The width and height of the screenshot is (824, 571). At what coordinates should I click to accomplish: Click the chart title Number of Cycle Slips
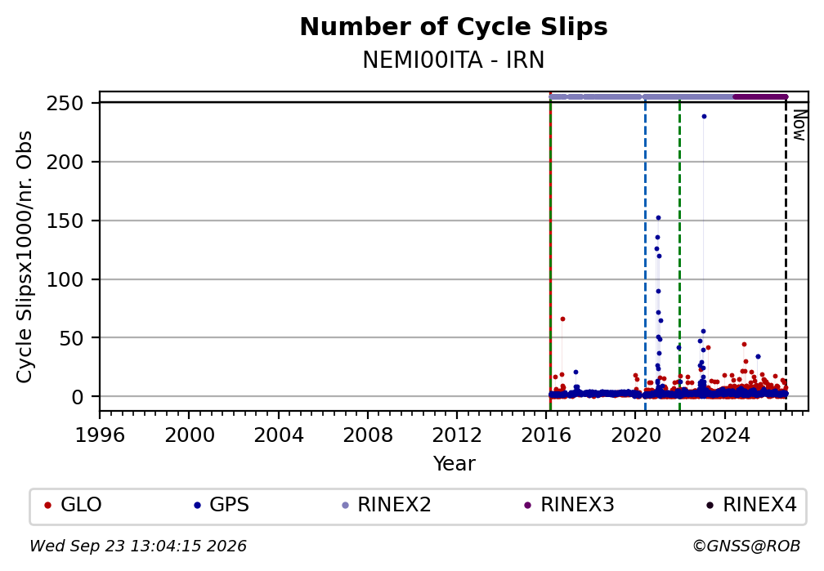point(454,27)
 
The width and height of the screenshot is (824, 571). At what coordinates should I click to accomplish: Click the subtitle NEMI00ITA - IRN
point(454,60)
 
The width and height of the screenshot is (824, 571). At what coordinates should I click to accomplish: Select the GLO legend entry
point(74,505)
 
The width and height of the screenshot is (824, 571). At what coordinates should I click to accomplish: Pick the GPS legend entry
point(222,505)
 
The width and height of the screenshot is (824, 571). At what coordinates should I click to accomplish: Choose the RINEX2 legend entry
point(386,505)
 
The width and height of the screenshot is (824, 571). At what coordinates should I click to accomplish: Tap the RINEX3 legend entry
point(569,505)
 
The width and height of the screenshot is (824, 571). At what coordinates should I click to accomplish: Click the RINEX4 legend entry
point(751,505)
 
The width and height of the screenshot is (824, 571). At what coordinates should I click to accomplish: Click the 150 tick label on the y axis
point(65,221)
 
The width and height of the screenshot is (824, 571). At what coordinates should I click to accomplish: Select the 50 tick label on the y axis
point(71,338)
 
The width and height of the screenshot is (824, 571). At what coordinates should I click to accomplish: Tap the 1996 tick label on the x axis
point(100,435)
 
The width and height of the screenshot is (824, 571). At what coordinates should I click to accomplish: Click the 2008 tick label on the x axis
point(367,435)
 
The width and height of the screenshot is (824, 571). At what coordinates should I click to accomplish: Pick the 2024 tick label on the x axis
point(724,435)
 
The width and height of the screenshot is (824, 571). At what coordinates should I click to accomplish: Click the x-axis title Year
point(454,463)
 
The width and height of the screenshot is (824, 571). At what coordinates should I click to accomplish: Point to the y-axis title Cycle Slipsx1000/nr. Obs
point(25,257)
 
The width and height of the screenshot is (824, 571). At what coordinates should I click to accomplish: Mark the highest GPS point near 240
point(704,117)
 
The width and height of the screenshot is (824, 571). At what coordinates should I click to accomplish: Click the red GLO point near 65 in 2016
point(562,319)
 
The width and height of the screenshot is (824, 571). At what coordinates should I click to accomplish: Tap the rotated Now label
point(799,125)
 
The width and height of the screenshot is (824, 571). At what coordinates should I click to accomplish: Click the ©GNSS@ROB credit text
point(746,546)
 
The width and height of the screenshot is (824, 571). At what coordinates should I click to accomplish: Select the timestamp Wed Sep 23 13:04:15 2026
point(137,546)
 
